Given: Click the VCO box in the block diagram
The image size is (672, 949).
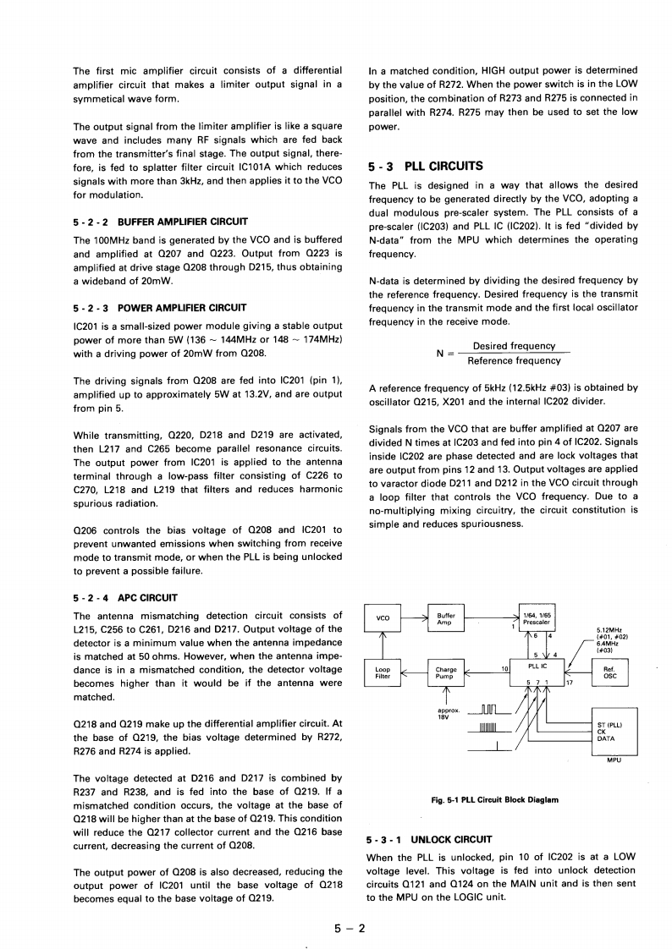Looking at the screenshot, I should (383, 618).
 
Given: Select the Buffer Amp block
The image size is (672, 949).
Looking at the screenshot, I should (445, 618).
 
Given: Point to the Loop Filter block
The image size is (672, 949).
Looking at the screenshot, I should (383, 672).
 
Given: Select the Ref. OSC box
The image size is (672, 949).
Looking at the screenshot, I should (609, 672).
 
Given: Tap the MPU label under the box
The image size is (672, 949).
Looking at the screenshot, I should (615, 760).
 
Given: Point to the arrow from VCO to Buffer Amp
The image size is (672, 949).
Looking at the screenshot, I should (415, 619).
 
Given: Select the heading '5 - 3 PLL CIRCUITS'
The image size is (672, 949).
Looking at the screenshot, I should (426, 167).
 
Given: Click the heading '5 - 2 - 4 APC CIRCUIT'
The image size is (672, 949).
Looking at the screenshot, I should (125, 598).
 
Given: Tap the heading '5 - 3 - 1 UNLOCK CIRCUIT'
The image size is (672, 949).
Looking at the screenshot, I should (428, 840).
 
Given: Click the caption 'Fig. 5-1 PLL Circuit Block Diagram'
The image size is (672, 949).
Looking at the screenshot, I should (495, 798).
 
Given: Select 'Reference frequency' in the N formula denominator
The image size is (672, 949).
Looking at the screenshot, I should (514, 361).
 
